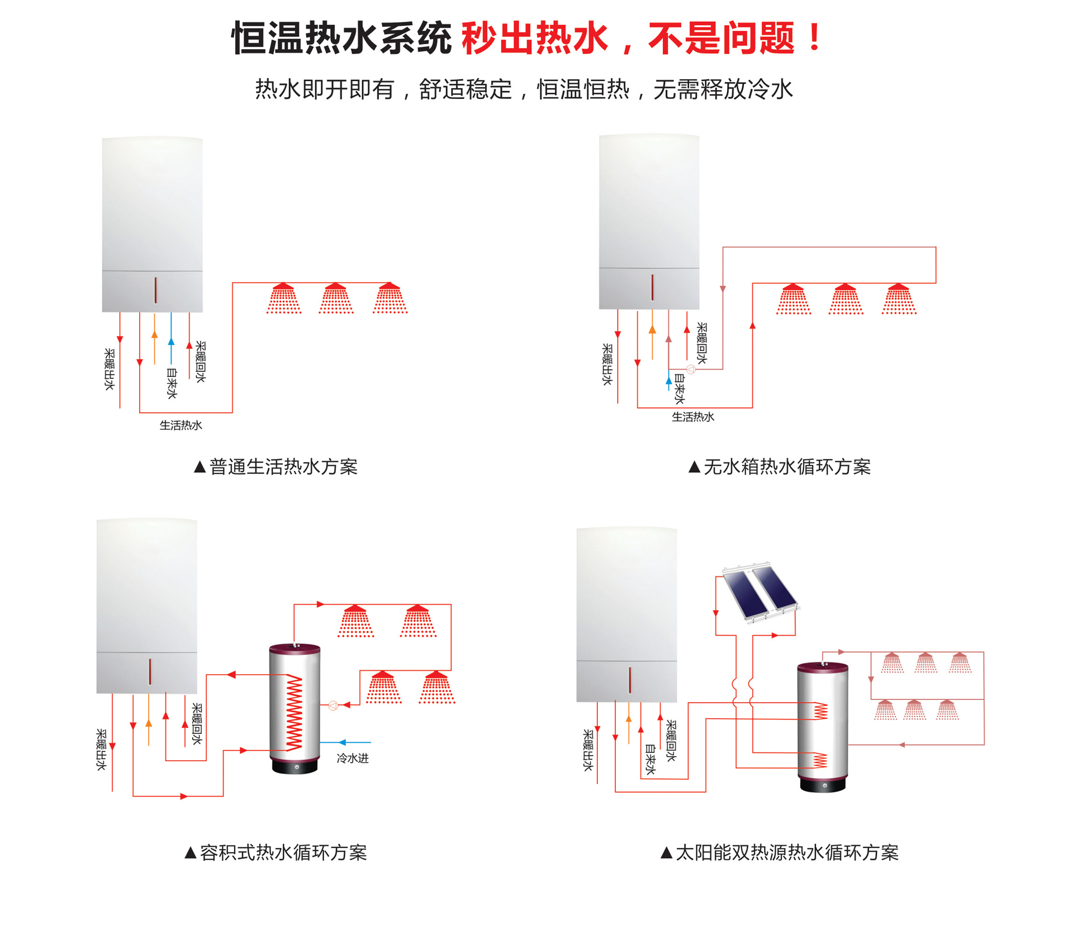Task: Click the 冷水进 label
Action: [x=353, y=758]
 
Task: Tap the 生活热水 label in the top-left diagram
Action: [x=181, y=425]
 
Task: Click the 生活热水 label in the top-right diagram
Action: [x=693, y=417]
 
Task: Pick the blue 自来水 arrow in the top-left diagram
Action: [x=171, y=339]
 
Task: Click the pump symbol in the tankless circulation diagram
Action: [x=691, y=369]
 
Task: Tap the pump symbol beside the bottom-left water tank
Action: [x=333, y=705]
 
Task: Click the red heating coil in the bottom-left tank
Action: [x=294, y=712]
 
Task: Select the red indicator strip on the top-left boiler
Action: [x=155, y=290]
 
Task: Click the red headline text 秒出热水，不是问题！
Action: [x=643, y=39]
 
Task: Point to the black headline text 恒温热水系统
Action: [x=341, y=39]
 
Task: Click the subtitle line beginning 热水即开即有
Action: [x=524, y=89]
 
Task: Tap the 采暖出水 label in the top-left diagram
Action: [x=110, y=369]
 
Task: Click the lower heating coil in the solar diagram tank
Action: [x=820, y=760]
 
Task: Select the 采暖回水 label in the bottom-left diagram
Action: [x=197, y=724]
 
